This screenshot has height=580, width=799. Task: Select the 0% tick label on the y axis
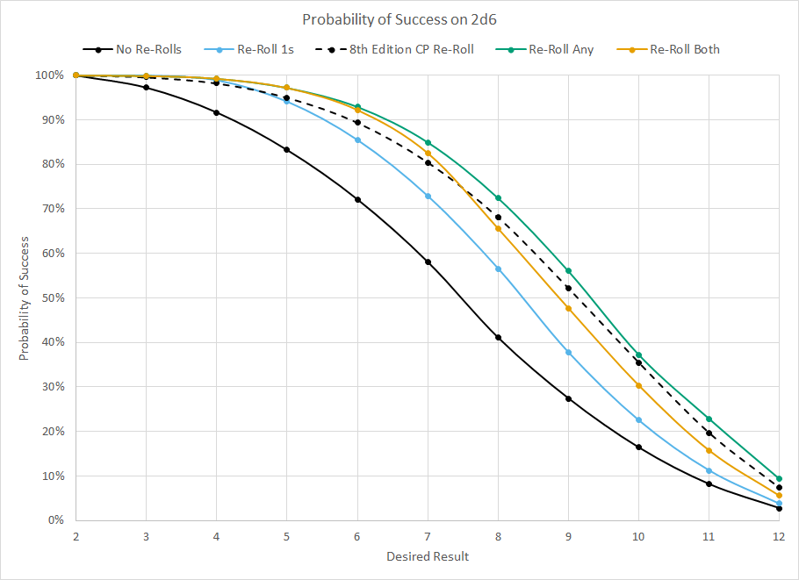55,520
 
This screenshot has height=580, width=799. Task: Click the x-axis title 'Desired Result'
428,556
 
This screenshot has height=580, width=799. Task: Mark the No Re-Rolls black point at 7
428,261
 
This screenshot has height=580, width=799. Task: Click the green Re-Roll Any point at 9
568,271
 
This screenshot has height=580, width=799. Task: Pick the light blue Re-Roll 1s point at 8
498,269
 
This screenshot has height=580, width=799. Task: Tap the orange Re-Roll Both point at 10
638,386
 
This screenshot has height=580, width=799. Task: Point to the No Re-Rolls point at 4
216,112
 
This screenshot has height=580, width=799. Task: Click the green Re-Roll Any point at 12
778,479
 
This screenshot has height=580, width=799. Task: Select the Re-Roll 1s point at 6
357,140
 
